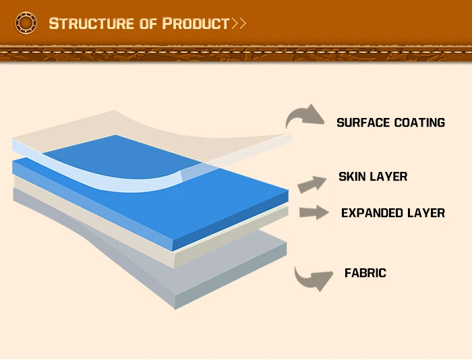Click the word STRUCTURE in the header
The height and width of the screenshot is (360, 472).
(92, 24)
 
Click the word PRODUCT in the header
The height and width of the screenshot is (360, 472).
(196, 24)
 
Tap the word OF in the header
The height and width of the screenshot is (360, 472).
(148, 24)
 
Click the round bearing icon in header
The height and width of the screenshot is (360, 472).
(26, 24)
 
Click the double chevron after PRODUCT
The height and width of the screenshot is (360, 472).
(239, 24)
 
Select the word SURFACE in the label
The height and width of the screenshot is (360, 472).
(363, 123)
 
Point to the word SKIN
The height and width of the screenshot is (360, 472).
(352, 177)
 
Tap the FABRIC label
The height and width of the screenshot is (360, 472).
(365, 273)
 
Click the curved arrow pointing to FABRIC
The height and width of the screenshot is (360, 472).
(312, 277)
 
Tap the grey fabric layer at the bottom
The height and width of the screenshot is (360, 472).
(223, 270)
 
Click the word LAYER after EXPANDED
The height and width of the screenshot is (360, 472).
(426, 213)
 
